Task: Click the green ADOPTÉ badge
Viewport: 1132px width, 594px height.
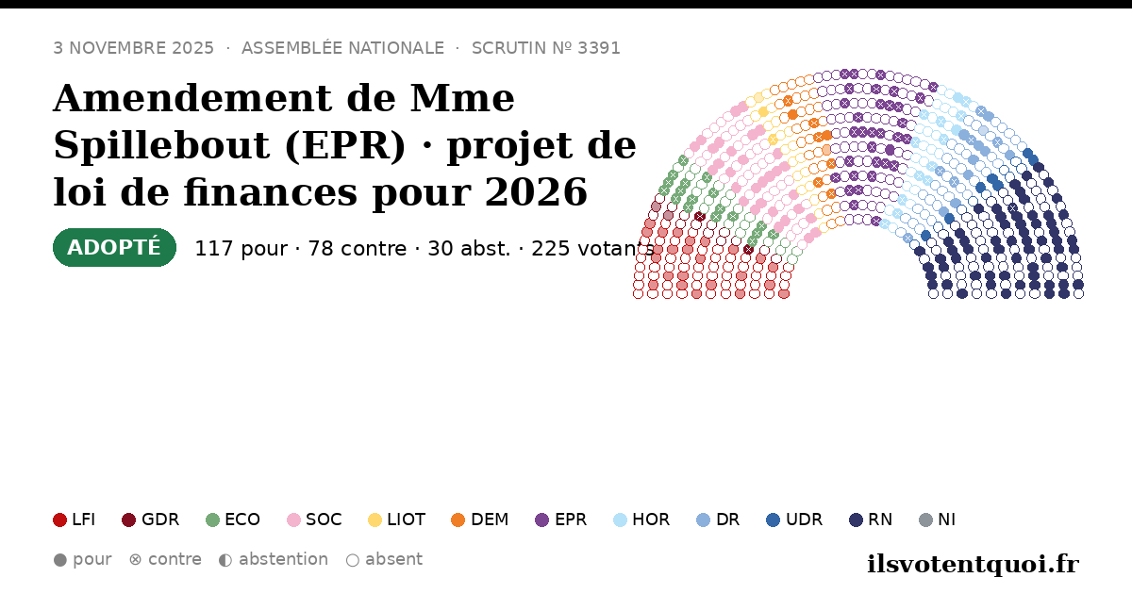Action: [x=114, y=247]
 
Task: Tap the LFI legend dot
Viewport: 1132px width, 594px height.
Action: [x=59, y=520]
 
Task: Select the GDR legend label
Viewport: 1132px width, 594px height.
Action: [x=160, y=520]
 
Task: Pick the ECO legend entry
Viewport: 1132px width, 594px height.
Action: [x=233, y=520]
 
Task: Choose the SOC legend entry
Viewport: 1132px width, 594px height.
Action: [x=314, y=520]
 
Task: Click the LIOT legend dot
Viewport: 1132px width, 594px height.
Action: [x=375, y=520]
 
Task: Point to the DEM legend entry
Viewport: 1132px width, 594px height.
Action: [x=479, y=520]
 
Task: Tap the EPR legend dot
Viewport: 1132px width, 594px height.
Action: [x=541, y=520]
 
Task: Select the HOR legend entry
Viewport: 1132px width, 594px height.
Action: [x=641, y=520]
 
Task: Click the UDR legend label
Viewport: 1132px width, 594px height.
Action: [x=804, y=520]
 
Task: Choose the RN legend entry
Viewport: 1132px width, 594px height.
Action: [x=871, y=520]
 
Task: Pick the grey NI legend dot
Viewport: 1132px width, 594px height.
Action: [x=925, y=520]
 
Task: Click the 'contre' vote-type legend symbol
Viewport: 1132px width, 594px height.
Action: [x=135, y=560]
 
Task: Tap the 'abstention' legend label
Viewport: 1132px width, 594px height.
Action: [x=284, y=559]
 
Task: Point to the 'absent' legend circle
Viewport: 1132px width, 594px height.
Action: [x=352, y=560]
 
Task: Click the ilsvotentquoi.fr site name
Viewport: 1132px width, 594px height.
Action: [x=973, y=564]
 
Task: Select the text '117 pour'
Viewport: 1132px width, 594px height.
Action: [x=241, y=249]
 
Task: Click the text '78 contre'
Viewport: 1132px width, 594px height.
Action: [x=358, y=249]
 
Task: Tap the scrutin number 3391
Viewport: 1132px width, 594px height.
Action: [x=599, y=48]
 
